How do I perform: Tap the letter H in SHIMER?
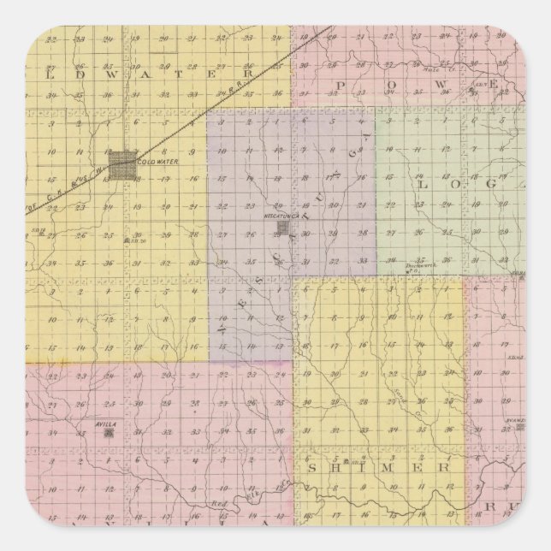[338, 468]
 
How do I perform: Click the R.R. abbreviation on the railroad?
[261, 74]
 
